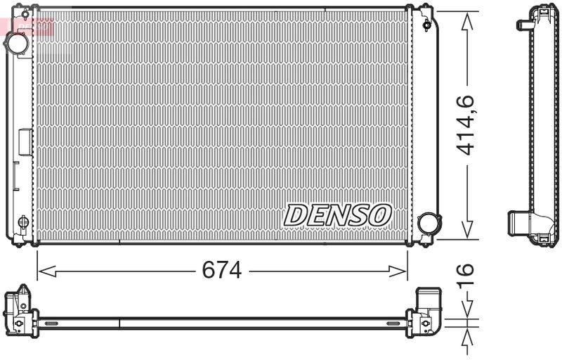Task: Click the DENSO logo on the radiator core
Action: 337,214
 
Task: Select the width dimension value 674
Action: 222,269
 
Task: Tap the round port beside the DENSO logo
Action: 426,224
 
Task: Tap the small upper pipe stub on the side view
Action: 523,25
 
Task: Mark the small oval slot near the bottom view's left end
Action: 51,323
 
